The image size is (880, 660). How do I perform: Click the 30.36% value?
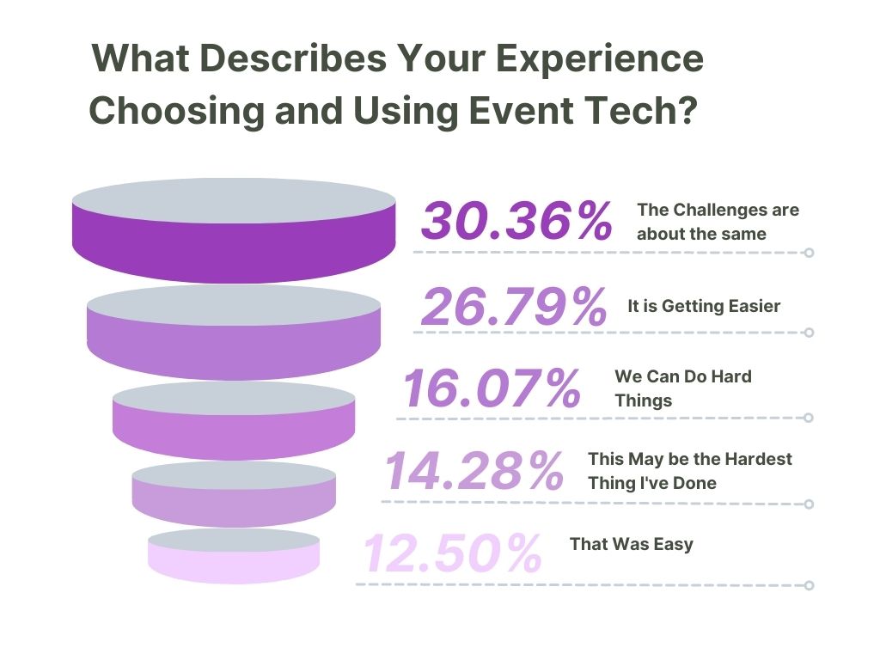click(516, 221)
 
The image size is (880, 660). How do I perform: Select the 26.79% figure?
click(514, 307)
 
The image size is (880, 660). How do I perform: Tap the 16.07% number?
click(492, 388)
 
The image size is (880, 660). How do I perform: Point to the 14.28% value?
click(474, 470)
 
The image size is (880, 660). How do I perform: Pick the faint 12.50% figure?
click(452, 553)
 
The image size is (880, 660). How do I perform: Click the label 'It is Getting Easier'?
click(704, 306)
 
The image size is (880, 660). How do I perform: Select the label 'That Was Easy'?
click(632, 544)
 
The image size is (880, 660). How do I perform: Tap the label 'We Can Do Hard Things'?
click(683, 388)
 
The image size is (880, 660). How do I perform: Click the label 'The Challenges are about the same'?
click(718, 222)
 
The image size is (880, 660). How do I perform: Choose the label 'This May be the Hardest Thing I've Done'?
click(690, 471)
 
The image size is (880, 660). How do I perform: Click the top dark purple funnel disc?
click(234, 230)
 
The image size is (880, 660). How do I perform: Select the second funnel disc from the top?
click(234, 333)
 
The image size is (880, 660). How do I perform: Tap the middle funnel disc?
click(234, 421)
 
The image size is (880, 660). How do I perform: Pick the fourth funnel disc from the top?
click(234, 494)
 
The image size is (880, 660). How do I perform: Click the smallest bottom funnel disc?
click(234, 556)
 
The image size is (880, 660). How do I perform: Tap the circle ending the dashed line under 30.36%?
click(809, 253)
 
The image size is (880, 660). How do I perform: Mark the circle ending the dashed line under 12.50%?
click(809, 585)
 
